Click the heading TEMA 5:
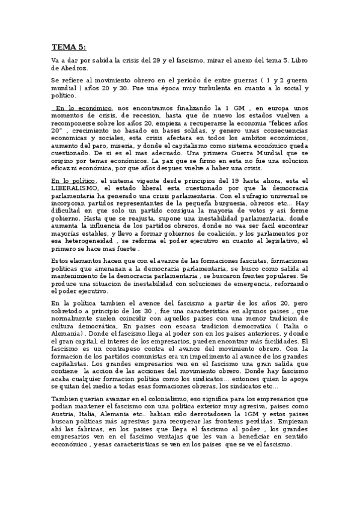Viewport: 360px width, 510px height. tap(68, 46)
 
